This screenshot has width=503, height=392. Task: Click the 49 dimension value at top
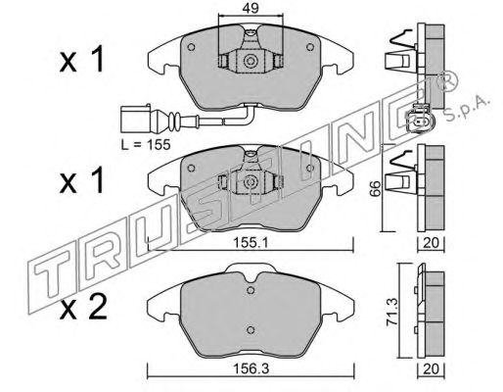tap(251, 8)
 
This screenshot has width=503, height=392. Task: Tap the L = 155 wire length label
tap(146, 144)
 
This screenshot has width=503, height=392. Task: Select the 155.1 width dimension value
tap(251, 243)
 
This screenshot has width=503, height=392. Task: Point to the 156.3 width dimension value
tap(251, 369)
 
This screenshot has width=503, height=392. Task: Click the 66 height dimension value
tap(376, 188)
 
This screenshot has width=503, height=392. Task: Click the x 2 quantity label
tap(83, 307)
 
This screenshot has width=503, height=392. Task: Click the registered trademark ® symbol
tap(447, 80)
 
